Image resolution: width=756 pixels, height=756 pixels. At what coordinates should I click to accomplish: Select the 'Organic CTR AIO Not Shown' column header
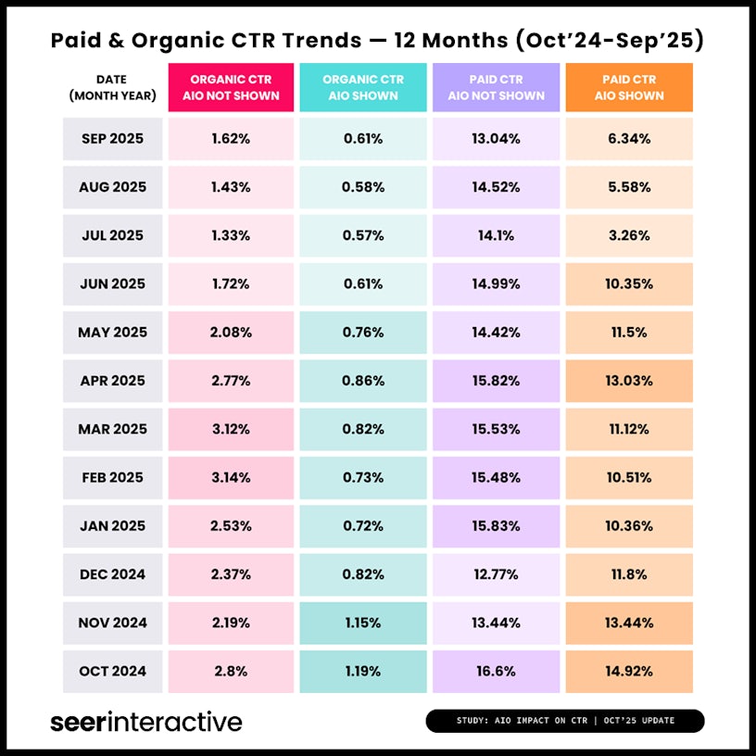pyautogui.click(x=231, y=88)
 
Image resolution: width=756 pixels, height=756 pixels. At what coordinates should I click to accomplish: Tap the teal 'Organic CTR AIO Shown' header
pyautogui.click(x=363, y=88)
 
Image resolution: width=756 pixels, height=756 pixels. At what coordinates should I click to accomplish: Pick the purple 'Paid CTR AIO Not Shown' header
pyautogui.click(x=496, y=88)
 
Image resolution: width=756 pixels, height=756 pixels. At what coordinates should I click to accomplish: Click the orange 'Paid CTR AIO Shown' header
pyautogui.click(x=629, y=88)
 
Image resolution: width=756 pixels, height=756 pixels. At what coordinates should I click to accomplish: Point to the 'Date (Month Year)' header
pyautogui.click(x=112, y=88)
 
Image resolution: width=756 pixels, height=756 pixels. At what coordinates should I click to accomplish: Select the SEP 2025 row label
pyautogui.click(x=112, y=139)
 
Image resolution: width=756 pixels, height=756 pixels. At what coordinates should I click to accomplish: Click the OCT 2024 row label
pyautogui.click(x=112, y=671)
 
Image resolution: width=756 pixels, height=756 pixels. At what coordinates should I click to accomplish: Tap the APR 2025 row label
pyautogui.click(x=112, y=381)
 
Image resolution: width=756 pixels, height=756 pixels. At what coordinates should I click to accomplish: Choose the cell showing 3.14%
pyautogui.click(x=231, y=477)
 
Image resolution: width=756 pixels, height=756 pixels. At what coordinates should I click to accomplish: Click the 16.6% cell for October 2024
pyautogui.click(x=496, y=671)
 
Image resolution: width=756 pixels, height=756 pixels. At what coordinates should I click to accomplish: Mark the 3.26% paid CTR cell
pyautogui.click(x=629, y=235)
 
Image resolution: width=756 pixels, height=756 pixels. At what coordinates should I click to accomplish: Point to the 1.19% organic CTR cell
pyautogui.click(x=363, y=671)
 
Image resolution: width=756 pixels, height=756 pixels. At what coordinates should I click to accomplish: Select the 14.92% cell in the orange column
pyautogui.click(x=629, y=671)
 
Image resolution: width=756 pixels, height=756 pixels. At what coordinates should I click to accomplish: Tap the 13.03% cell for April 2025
pyautogui.click(x=629, y=381)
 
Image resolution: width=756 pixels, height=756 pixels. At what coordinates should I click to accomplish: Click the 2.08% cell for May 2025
pyautogui.click(x=231, y=333)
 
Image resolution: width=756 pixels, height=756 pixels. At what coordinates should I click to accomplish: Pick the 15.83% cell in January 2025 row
pyautogui.click(x=496, y=525)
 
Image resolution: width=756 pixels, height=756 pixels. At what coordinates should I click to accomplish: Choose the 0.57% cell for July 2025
pyautogui.click(x=363, y=235)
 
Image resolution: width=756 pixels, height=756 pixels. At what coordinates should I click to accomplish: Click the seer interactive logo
pyautogui.click(x=145, y=722)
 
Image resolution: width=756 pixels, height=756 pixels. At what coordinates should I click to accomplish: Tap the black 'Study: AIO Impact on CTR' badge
pyautogui.click(x=565, y=721)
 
